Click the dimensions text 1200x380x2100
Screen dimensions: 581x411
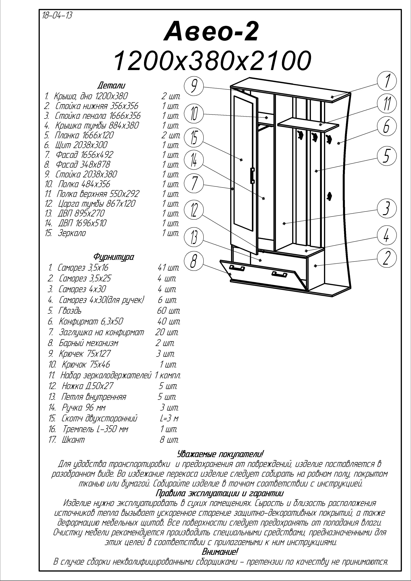212,61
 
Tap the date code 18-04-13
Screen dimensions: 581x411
57,16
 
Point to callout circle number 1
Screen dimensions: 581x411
387,81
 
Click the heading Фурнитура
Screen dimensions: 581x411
114,257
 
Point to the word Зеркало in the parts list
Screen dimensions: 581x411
72,233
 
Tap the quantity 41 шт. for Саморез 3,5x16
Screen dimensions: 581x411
168,268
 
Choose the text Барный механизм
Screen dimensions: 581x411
88,343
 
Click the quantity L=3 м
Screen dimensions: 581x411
169,419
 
